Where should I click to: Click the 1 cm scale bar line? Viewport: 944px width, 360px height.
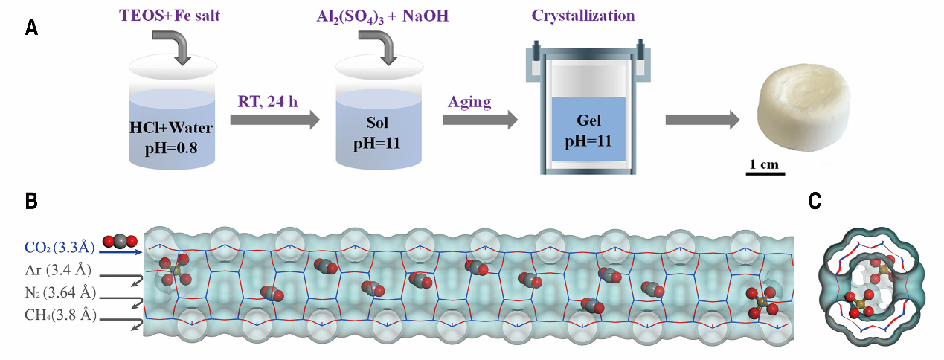(x=765, y=175)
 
